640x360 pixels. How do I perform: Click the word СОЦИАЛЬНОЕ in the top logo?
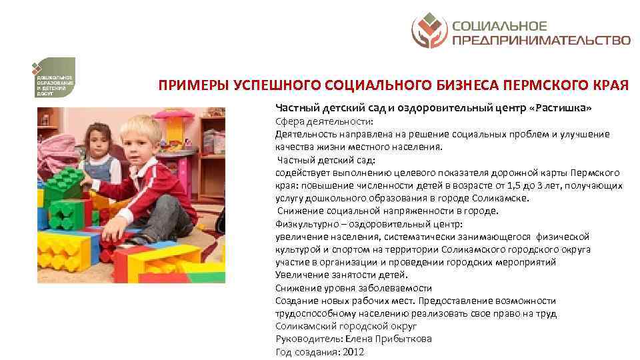(x=499, y=26)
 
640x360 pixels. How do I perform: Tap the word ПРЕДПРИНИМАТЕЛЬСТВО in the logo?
(x=541, y=40)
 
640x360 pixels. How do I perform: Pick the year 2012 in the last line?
(x=353, y=352)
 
